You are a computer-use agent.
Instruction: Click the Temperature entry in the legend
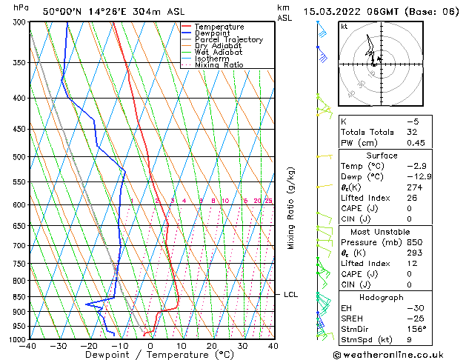point(219,27)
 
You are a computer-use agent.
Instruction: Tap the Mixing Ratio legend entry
point(219,65)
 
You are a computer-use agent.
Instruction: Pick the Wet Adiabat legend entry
point(218,53)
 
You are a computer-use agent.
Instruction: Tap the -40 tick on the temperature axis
point(28,345)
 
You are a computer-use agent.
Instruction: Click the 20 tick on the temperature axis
point(211,345)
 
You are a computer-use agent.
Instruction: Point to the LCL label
point(290,295)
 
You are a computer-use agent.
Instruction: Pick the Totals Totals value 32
point(412,132)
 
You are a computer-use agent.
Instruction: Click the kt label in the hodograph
point(344,27)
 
